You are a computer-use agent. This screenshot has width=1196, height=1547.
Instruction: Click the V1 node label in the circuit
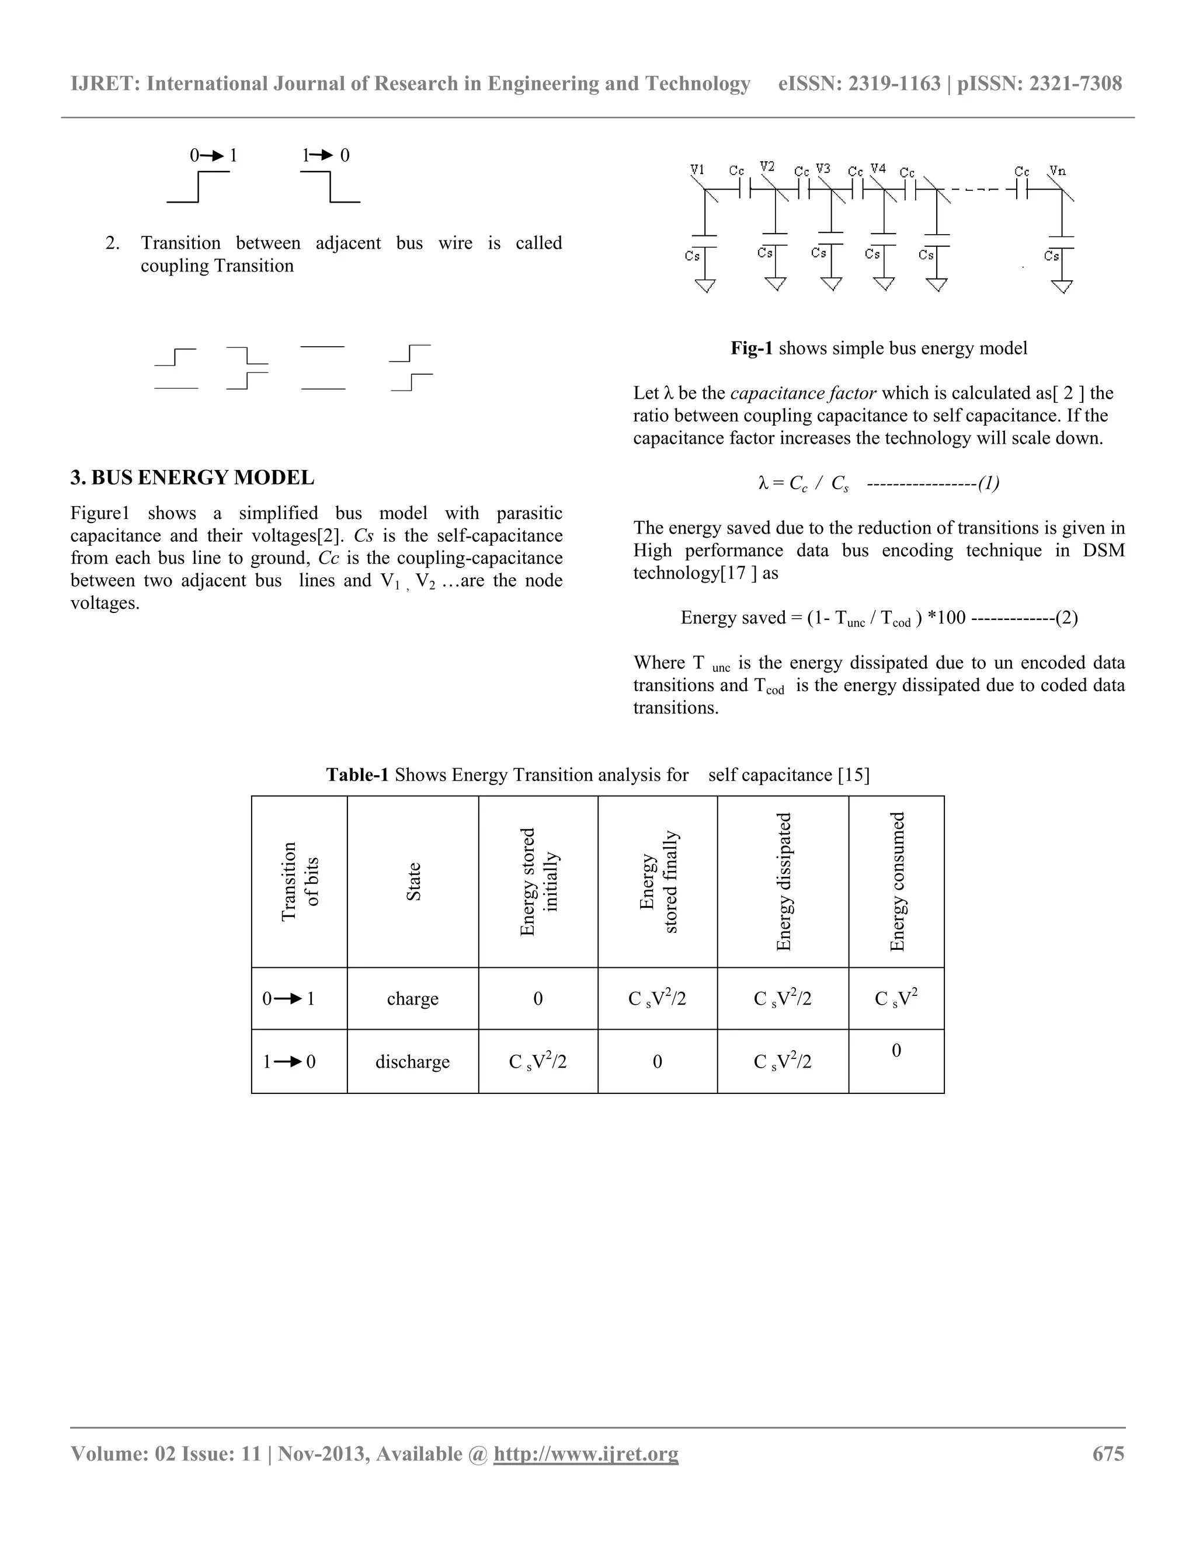pyautogui.click(x=697, y=170)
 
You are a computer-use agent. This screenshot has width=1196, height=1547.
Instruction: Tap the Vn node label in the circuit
pyautogui.click(x=1057, y=170)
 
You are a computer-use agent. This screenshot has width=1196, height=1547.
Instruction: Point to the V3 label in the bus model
pyautogui.click(x=823, y=169)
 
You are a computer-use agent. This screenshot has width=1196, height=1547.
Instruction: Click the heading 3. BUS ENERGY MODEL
pyautogui.click(x=192, y=478)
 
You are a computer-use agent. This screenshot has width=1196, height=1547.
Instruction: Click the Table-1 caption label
pyautogui.click(x=357, y=775)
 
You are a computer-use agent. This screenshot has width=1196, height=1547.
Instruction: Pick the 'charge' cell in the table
pyautogui.click(x=412, y=999)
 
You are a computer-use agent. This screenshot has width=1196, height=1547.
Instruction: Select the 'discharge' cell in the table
pyautogui.click(x=412, y=1062)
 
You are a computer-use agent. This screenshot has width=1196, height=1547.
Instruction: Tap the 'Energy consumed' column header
pyautogui.click(x=897, y=882)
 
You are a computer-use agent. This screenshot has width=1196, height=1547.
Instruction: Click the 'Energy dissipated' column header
pyautogui.click(x=783, y=882)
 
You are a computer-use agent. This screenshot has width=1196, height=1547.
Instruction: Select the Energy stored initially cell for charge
pyautogui.click(x=538, y=999)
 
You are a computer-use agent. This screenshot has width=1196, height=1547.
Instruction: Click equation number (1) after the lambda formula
pyautogui.click(x=989, y=483)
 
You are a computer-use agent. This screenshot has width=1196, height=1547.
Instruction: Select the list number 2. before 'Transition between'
pyautogui.click(x=113, y=243)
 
